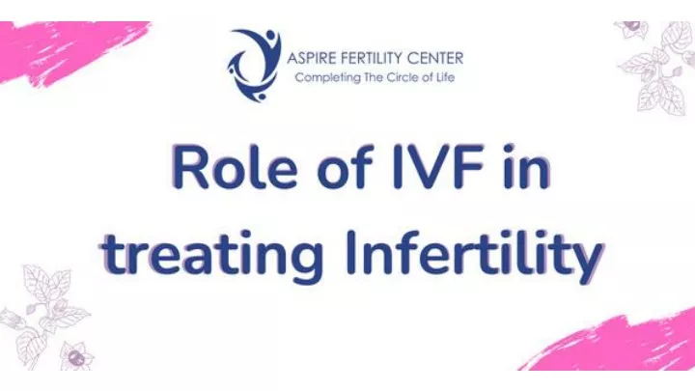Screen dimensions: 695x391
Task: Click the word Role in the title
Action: tap(235, 167)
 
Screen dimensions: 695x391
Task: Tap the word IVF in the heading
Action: tap(439, 167)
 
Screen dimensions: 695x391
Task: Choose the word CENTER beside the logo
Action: tap(434, 58)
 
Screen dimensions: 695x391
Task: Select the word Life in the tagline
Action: tap(445, 77)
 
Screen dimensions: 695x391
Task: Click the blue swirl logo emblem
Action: tap(254, 65)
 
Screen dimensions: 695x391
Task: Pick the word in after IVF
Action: tap(527, 167)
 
